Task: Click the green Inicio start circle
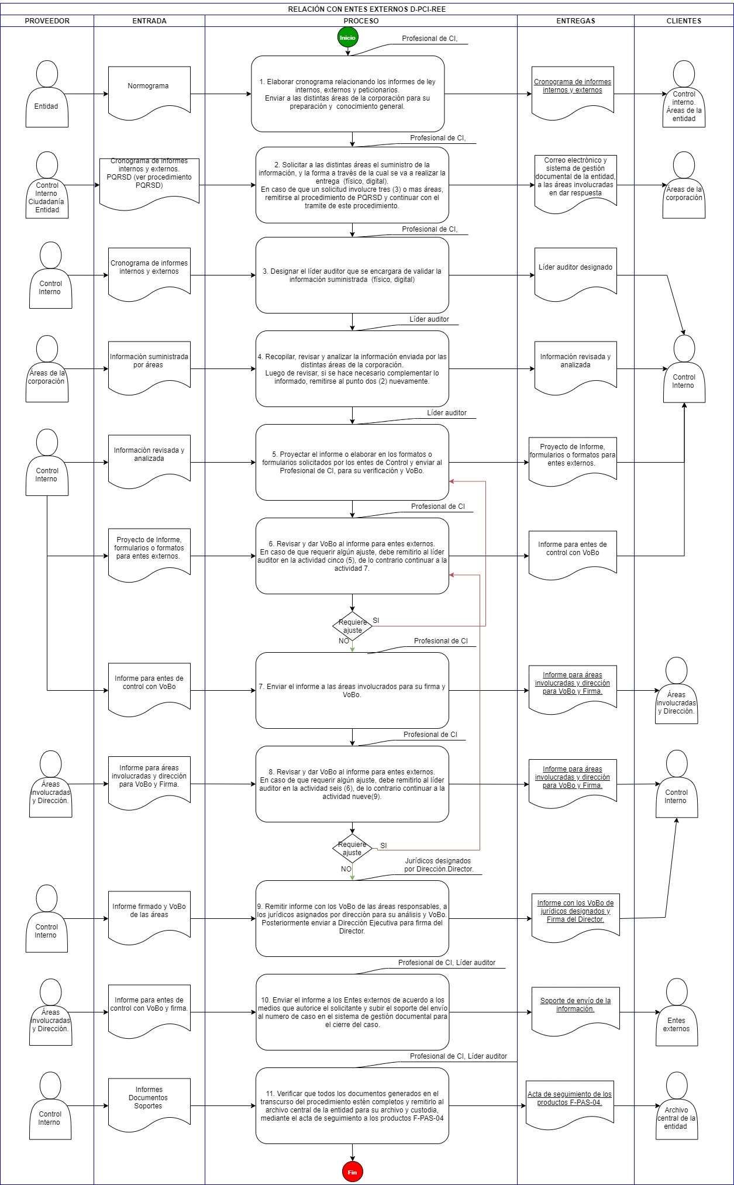pos(347,37)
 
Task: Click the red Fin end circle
pos(352,1172)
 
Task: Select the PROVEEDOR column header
pos(47,20)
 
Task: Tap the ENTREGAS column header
pos(576,20)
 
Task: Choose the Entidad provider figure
pos(47,94)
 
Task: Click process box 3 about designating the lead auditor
pos(352,275)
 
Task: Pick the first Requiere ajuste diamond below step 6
pos(352,626)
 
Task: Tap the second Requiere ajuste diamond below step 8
pos(352,849)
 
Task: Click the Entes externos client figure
pos(676,1012)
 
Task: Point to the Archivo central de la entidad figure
pos(676,1105)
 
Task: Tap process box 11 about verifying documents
pos(352,1105)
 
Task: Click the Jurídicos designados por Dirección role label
pos(439,865)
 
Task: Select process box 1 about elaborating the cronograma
pos(348,94)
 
